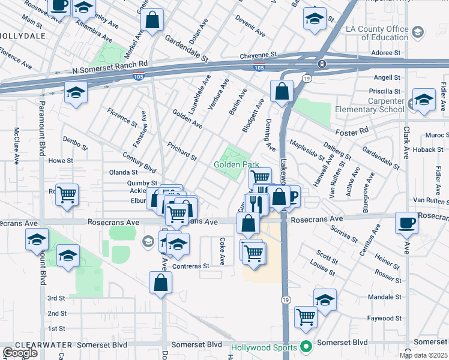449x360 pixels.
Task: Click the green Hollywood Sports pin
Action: coord(306,347)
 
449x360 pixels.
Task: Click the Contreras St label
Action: coord(190,266)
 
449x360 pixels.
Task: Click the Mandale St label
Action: coord(384,297)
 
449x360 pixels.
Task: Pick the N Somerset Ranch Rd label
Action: coord(109,70)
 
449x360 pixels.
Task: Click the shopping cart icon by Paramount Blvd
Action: coord(67,194)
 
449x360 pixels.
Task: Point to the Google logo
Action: coord(20,353)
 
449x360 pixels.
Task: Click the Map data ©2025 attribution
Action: coord(424,355)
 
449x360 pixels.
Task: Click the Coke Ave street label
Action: coord(222,252)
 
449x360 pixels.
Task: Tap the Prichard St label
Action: coord(182,152)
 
